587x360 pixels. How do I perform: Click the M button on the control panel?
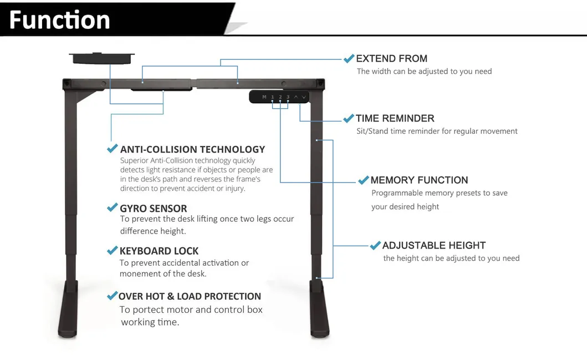click(264, 97)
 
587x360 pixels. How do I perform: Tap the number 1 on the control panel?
click(272, 97)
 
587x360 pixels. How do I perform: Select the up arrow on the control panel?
click(296, 97)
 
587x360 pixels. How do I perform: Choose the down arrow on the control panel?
click(304, 97)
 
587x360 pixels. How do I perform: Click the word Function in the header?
click(59, 20)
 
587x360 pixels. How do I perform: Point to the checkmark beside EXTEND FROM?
click(349, 58)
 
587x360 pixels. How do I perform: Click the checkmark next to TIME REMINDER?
click(349, 118)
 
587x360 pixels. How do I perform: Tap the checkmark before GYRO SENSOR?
click(112, 208)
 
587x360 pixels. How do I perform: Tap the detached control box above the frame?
click(101, 58)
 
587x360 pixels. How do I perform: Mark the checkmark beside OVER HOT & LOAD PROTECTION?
click(112, 296)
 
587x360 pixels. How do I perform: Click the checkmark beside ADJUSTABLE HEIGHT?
click(375, 245)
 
